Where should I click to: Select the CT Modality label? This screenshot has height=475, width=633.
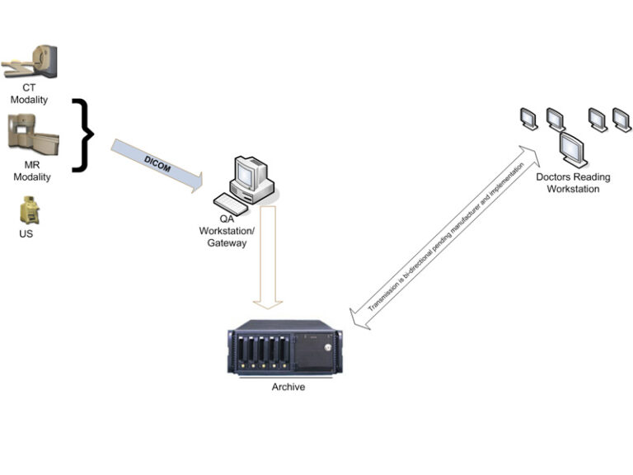point(35,94)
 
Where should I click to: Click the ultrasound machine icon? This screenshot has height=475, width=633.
point(30,211)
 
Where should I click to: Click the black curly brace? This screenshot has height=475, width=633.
point(82,134)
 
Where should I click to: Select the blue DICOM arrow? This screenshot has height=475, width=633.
point(157,165)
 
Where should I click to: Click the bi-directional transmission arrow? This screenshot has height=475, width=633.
point(445,235)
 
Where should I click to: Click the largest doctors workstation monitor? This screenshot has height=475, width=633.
point(572,149)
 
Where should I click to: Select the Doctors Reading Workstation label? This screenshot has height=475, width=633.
point(568,183)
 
